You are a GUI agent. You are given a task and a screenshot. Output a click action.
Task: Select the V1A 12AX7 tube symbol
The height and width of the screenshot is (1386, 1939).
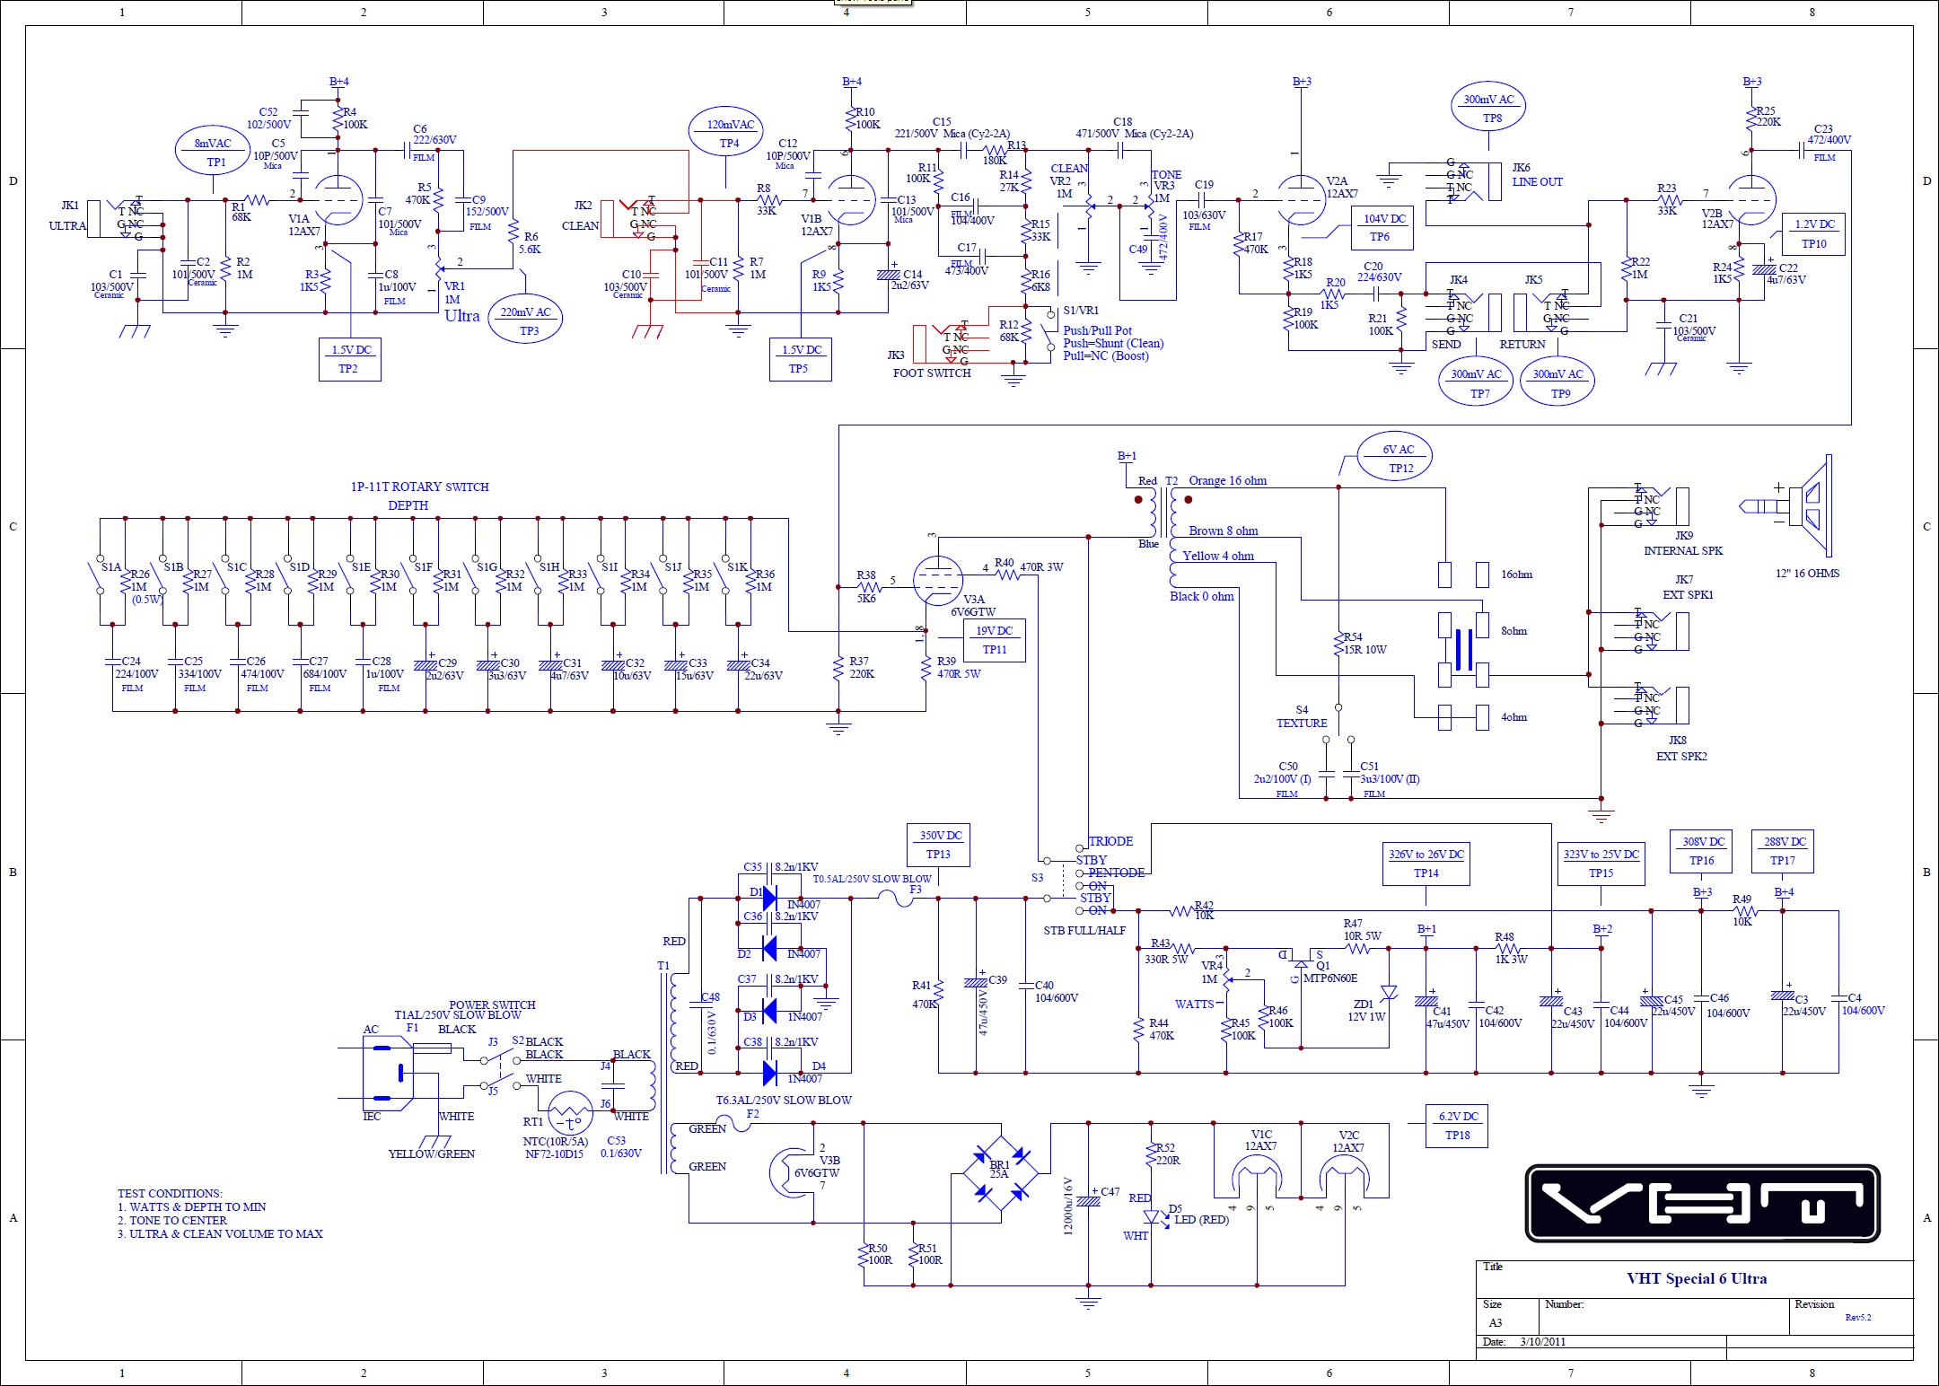click(338, 200)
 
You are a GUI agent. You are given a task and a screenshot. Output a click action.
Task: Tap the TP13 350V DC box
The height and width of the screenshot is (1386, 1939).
click(938, 844)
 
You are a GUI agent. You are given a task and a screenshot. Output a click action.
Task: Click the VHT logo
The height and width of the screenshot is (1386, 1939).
click(1702, 1203)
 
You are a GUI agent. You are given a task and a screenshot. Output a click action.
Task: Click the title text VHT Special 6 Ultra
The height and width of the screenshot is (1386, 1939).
click(1696, 1278)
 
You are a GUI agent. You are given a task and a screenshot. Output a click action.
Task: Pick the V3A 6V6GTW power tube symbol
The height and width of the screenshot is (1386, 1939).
click(937, 581)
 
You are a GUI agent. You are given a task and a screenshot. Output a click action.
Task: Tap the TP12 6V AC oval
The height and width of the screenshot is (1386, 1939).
click(1394, 458)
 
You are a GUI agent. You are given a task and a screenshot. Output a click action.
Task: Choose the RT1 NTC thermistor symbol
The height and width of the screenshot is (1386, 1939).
click(571, 1118)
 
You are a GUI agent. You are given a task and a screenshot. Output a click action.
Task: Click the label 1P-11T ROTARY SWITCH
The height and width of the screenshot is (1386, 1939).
click(419, 487)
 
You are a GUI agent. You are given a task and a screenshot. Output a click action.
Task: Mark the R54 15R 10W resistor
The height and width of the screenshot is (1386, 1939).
click(1338, 643)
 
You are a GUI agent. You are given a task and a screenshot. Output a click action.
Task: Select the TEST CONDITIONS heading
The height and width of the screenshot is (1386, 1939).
click(170, 1193)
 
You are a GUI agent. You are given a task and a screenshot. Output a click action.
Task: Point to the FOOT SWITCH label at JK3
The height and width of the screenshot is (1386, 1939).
click(932, 373)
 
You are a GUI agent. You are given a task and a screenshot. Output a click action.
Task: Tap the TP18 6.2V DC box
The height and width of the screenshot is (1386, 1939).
click(1458, 1126)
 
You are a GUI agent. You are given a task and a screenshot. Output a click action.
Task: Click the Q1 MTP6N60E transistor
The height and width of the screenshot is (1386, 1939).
click(1302, 962)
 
